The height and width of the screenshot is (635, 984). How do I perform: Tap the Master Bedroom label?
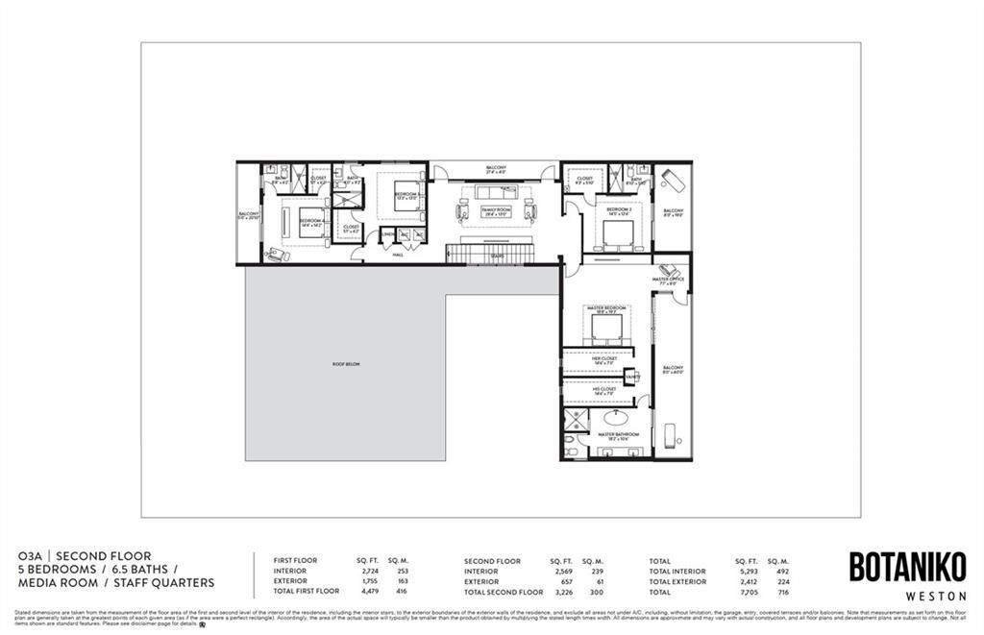point(606,309)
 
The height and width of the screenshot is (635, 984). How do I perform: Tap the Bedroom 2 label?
point(618,209)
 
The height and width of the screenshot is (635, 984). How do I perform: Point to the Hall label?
point(398,255)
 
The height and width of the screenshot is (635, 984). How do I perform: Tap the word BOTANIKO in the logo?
point(907,568)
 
